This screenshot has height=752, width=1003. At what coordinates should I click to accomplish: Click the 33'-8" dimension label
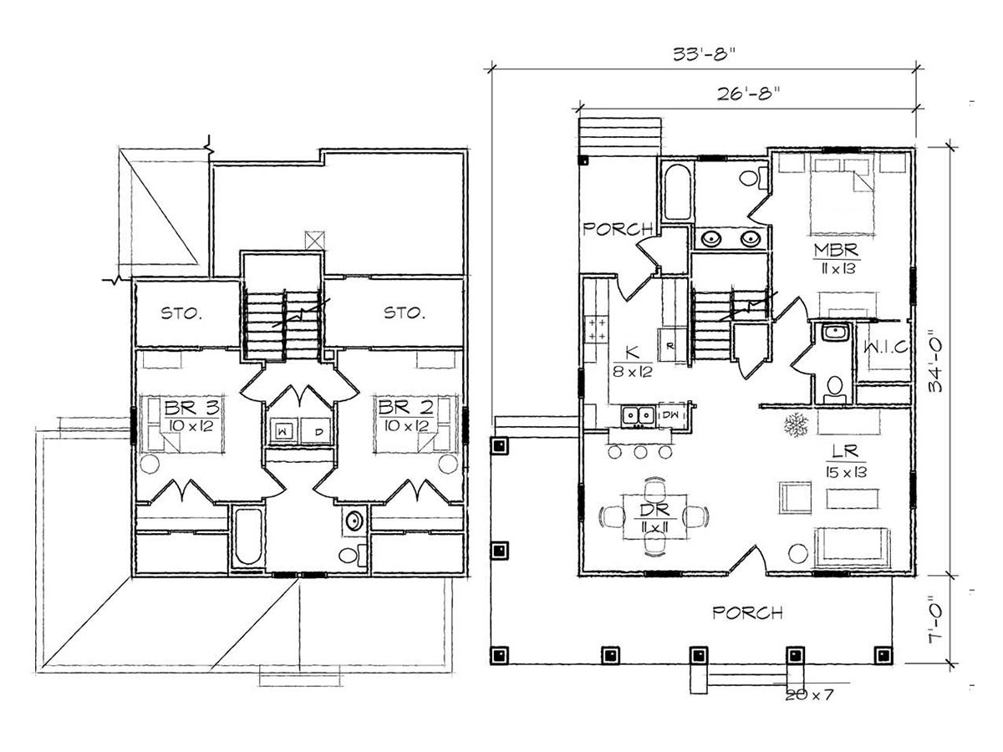[x=705, y=54]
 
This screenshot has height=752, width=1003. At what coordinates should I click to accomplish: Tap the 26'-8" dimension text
[x=748, y=94]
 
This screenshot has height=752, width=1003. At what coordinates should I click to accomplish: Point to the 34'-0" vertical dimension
[x=935, y=361]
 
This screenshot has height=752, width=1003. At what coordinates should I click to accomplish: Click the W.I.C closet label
[x=885, y=348]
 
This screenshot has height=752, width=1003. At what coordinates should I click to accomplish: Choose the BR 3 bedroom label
[x=192, y=407]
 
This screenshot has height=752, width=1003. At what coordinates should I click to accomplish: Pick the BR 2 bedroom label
[x=405, y=407]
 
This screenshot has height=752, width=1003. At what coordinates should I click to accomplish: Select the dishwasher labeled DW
[x=671, y=415]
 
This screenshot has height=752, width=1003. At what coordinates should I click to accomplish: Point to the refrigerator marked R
[x=671, y=345]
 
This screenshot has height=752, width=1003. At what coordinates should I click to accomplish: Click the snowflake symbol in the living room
[x=797, y=424]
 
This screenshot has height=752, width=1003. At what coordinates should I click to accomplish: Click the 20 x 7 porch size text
[x=809, y=695]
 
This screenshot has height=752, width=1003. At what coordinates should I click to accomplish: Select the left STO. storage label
[x=181, y=313]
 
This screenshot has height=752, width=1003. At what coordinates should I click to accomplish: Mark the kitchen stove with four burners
[x=596, y=329]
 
